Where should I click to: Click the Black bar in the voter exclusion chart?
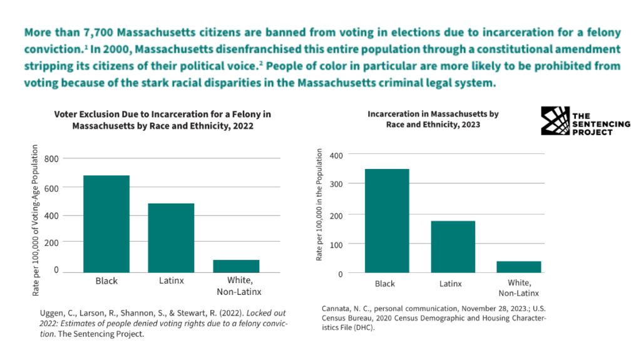point(106,224)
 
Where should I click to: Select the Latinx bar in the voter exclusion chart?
point(171,237)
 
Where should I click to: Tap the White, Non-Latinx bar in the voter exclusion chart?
point(236,265)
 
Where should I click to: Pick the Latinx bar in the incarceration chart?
point(453,247)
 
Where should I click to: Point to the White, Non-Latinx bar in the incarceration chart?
point(518,267)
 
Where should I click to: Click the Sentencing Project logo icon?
point(555,121)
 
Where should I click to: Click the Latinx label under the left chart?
point(171,280)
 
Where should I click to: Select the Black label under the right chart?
point(385,284)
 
